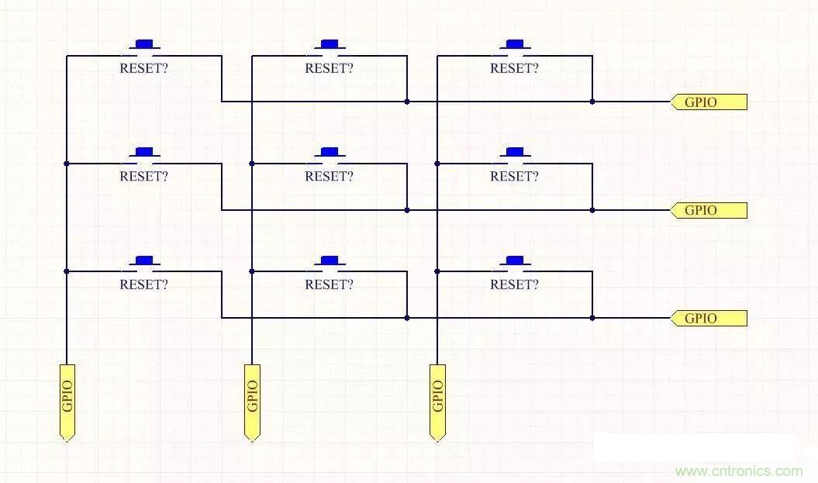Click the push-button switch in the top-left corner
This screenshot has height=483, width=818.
[143, 47]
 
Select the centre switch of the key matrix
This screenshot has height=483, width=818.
[330, 154]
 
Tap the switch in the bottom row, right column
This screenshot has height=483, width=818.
[515, 263]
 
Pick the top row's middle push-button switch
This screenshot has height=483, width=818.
[330, 47]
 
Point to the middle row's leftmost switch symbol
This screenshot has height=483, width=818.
[143, 154]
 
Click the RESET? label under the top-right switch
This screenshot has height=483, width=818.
[514, 68]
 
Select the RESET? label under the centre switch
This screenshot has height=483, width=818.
[329, 176]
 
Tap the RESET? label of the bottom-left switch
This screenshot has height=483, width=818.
[143, 285]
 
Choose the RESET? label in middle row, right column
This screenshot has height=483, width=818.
[514, 176]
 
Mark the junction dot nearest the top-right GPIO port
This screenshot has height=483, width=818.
[592, 102]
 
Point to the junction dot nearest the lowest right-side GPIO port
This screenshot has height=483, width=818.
[592, 318]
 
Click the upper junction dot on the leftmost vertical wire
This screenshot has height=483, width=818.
[67, 164]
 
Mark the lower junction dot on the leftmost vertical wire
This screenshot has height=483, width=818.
[67, 271]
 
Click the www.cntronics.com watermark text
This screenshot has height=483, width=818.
[739, 471]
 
